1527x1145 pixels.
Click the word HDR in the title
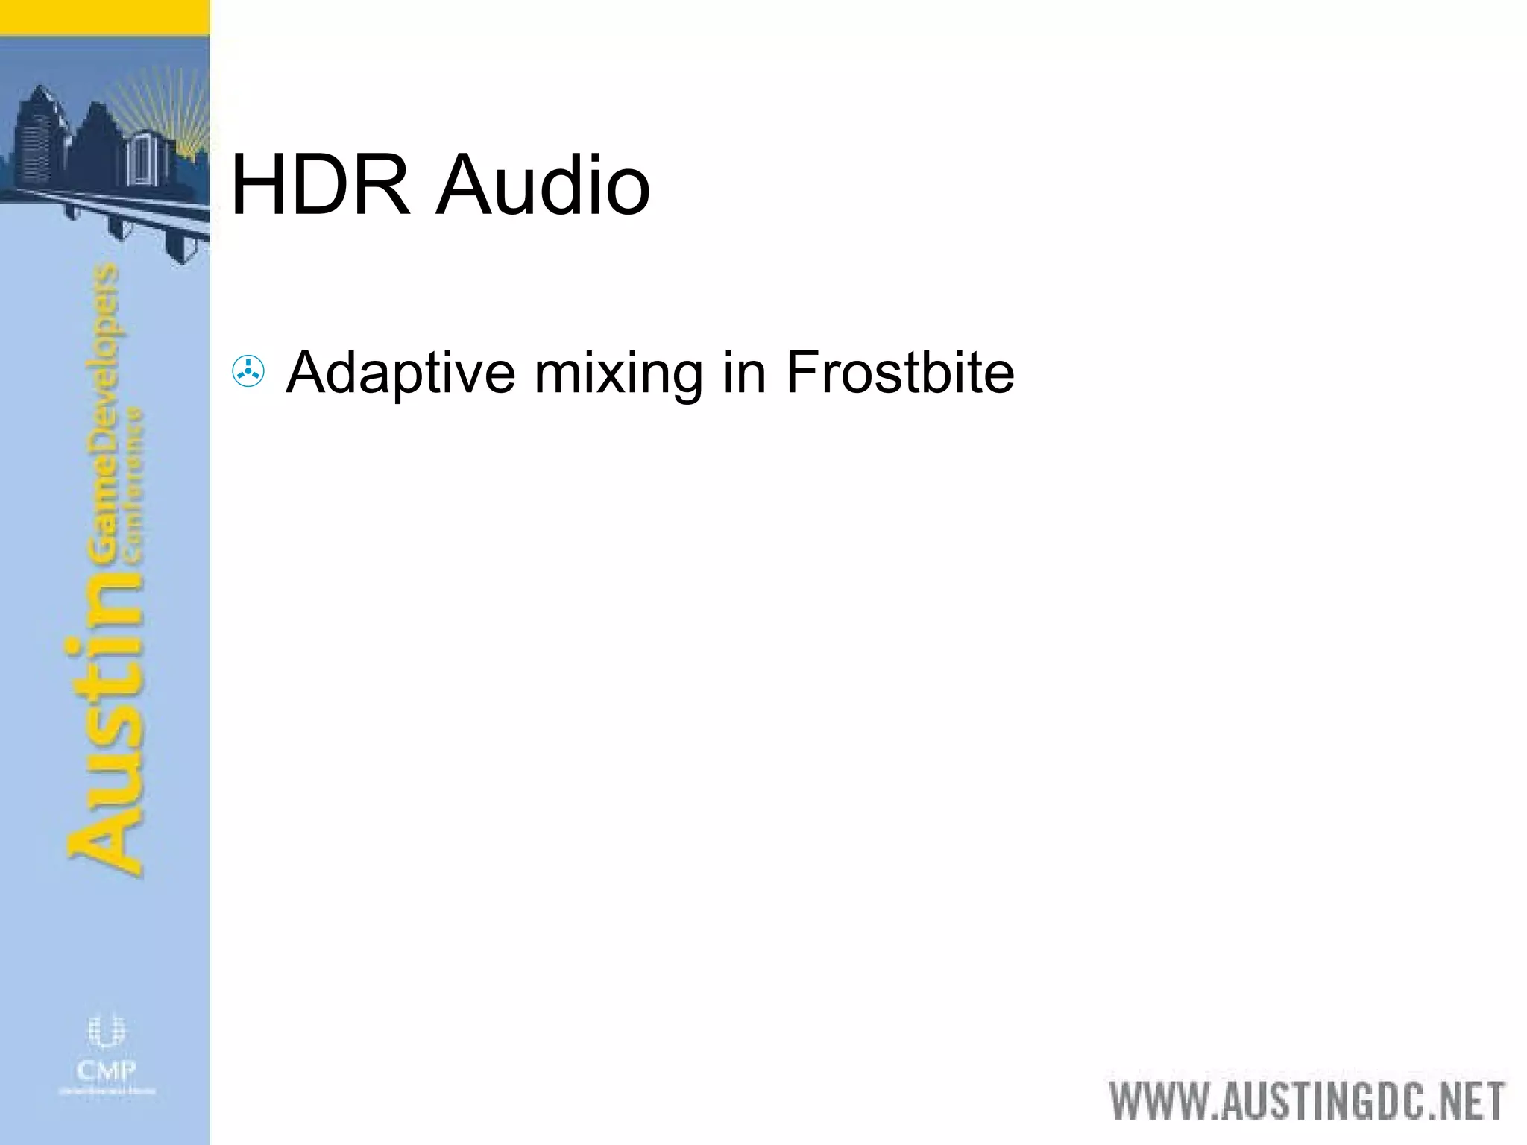321,185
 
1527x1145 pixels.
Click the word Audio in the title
544,185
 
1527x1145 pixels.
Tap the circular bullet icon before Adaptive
248,371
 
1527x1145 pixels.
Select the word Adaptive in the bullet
400,373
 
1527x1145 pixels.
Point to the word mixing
618,373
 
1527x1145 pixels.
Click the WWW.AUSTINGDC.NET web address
1307,1101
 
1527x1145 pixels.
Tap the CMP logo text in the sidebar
107,1071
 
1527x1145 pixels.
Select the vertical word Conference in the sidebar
134,485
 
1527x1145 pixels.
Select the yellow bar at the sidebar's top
104,16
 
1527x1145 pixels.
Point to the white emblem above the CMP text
107,1032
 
